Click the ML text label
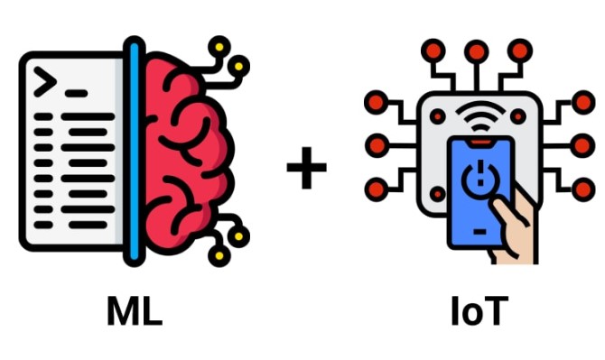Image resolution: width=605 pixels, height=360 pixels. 134,311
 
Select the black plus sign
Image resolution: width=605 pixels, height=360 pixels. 306,169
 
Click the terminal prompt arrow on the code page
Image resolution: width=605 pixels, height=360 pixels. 46,82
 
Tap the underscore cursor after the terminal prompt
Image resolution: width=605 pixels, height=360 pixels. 76,93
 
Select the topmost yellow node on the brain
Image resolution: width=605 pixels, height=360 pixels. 219,45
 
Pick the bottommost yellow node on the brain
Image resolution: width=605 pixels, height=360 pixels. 218,255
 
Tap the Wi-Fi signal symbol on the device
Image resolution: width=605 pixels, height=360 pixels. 479,115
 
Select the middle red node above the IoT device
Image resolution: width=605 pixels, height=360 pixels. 478,51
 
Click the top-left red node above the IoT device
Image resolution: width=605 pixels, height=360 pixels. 434,51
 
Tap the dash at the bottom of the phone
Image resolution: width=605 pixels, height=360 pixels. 479,232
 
